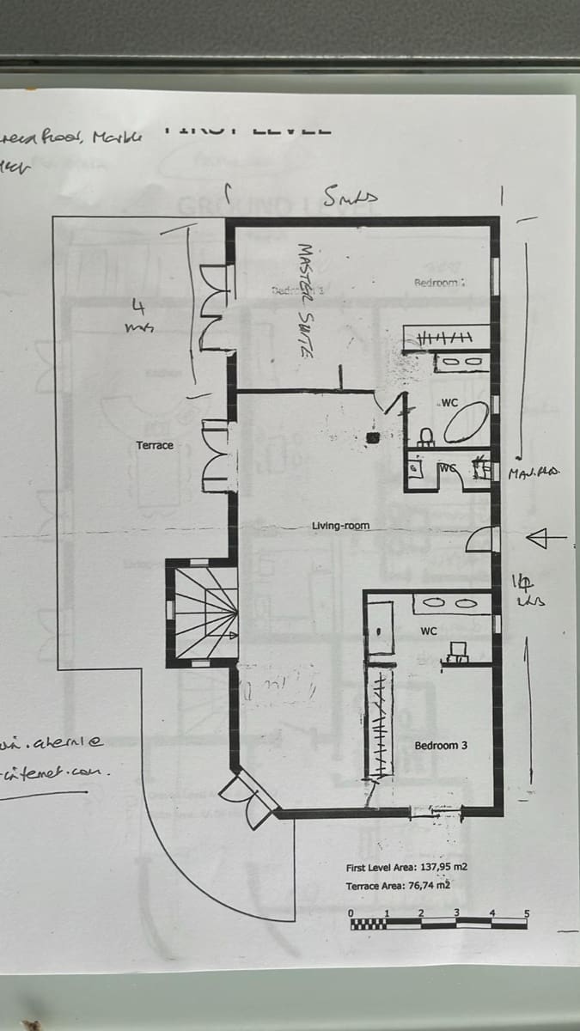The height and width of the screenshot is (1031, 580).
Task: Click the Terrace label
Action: click(x=155, y=445)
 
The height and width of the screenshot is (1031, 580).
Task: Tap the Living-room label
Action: click(x=341, y=525)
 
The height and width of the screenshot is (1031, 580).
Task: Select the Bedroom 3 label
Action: click(x=441, y=745)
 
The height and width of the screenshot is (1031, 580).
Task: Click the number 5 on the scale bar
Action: click(x=527, y=912)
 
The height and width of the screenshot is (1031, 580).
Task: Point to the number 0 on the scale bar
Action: click(x=351, y=912)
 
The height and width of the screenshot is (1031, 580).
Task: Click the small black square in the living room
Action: click(x=372, y=438)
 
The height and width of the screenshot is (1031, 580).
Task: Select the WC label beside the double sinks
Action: click(x=429, y=631)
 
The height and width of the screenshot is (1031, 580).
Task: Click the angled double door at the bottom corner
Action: click(x=252, y=797)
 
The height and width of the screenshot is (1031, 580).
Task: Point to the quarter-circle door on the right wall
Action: click(x=481, y=540)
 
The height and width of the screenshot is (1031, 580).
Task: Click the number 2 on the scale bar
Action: click(x=421, y=912)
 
